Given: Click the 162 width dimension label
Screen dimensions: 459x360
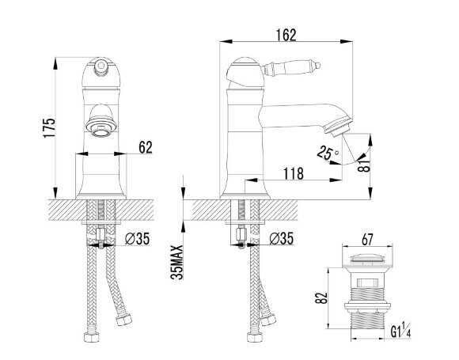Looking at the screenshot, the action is point(286,35).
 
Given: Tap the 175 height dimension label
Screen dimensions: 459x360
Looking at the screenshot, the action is point(48,128).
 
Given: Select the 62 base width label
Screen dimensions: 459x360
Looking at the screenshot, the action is point(146,147).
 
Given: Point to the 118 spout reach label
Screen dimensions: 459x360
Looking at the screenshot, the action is point(294,173).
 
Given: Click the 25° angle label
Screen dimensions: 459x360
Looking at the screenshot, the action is point(328,153).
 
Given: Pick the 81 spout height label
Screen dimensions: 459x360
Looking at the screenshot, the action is point(364,165).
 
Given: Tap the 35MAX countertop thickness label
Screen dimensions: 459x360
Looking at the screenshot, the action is point(177,262).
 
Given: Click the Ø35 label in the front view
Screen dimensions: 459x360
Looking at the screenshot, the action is point(137,238).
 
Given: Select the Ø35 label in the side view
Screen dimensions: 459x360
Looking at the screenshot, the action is point(281,238).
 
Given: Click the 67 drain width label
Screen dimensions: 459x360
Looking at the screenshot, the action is point(367,240).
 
